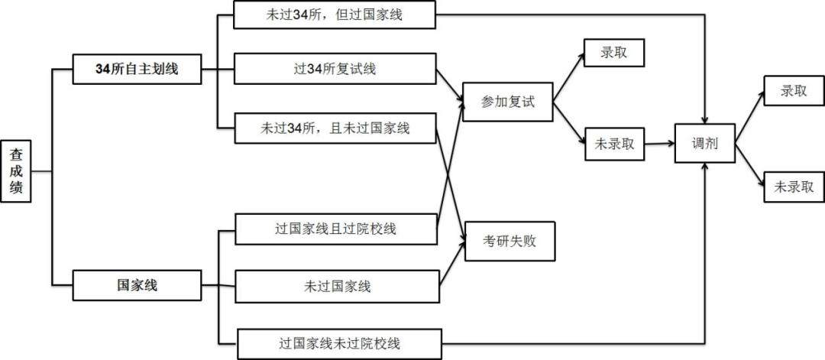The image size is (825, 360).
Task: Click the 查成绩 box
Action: (x=15, y=170)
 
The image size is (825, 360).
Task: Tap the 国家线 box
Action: (x=137, y=286)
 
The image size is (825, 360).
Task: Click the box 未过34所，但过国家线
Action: (x=335, y=15)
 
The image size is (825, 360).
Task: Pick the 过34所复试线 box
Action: (x=335, y=69)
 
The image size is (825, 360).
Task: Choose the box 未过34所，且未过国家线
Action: (x=335, y=128)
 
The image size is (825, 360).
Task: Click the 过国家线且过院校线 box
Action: (x=335, y=229)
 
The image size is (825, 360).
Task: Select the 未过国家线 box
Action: (x=337, y=287)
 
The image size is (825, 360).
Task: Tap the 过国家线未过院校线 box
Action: (x=339, y=343)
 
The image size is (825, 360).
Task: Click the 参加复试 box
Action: (x=507, y=102)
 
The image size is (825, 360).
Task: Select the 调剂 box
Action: (x=704, y=143)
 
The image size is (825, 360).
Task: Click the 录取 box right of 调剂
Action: (x=794, y=90)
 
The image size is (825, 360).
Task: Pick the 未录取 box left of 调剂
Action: (x=614, y=144)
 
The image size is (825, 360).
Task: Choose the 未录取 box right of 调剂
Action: (x=794, y=186)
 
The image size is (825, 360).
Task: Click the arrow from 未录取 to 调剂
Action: (x=658, y=143)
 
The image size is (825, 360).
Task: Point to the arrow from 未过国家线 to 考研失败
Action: (x=453, y=264)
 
